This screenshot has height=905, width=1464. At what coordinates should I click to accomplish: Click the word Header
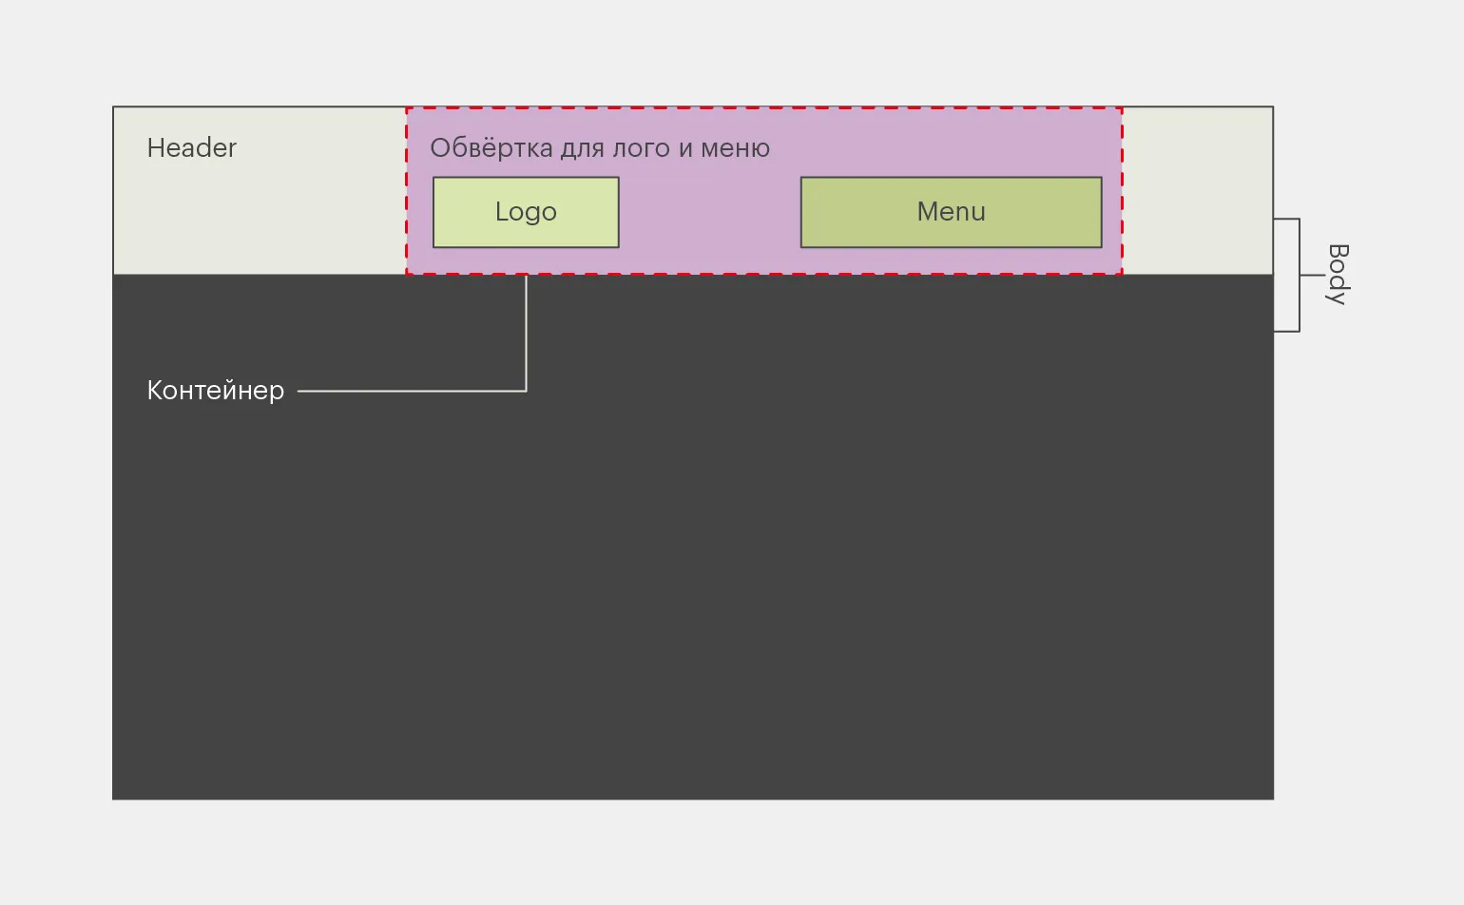(x=191, y=148)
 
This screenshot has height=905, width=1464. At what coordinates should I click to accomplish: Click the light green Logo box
(x=526, y=212)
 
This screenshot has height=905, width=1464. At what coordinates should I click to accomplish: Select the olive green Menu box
(x=951, y=212)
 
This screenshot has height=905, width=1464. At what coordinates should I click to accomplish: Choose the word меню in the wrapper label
(x=735, y=149)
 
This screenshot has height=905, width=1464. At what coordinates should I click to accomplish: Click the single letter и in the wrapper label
(x=685, y=149)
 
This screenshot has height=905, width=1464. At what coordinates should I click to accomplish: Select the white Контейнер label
(x=216, y=391)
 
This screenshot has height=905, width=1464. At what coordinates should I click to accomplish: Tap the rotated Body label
(x=1338, y=274)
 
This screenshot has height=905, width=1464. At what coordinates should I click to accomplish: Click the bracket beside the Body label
(x=1299, y=275)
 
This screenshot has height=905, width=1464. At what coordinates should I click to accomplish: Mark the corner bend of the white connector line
(x=526, y=391)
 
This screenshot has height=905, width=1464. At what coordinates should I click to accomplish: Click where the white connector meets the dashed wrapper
(x=526, y=275)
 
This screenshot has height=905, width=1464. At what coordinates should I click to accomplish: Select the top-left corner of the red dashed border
(x=407, y=108)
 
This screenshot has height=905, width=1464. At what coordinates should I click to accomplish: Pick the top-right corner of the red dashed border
(x=1122, y=108)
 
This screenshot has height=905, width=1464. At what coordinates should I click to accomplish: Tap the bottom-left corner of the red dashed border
(x=407, y=274)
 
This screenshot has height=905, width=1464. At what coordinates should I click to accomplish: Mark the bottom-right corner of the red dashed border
(x=1122, y=274)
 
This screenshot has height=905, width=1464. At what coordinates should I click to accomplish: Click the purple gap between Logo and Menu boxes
(x=709, y=213)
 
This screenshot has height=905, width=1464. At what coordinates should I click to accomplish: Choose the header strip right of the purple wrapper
(x=1197, y=190)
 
